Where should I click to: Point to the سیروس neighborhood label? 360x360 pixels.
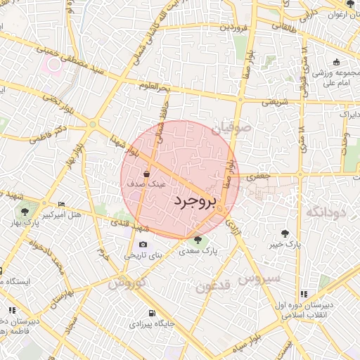point(258,278)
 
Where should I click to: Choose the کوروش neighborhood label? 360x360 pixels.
point(127,283)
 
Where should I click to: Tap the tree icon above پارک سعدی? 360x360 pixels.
point(205,240)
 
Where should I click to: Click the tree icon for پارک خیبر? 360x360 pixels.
point(284,233)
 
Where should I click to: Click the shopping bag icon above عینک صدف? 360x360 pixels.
point(146,172)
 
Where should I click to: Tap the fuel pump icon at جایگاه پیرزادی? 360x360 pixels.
point(150,313)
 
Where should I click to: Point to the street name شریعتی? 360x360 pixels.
point(275,101)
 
